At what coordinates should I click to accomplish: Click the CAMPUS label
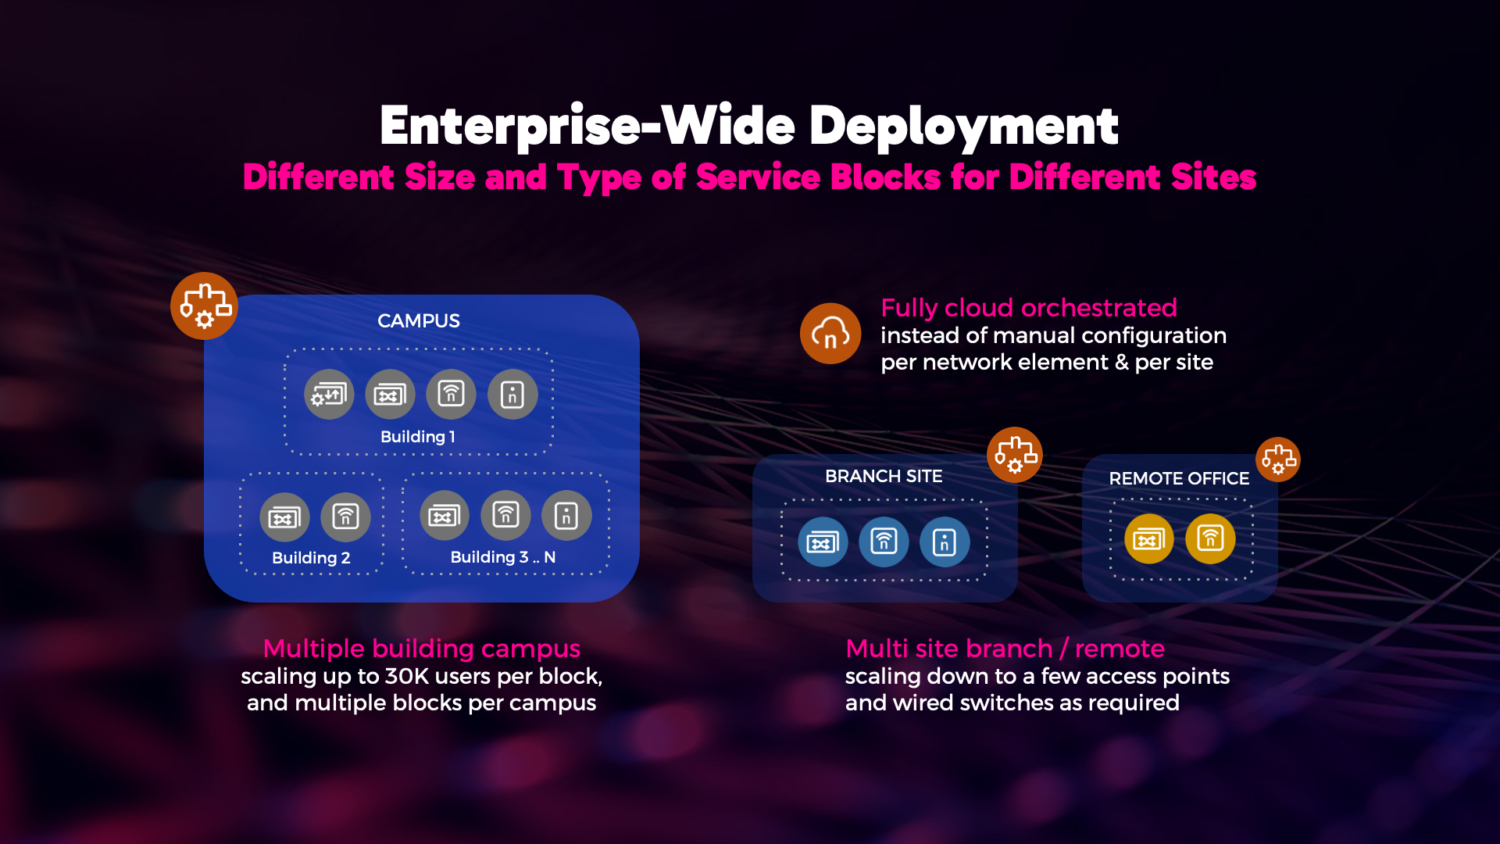[x=419, y=320]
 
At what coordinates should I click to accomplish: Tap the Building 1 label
[x=417, y=437]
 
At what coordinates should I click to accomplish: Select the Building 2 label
[x=311, y=558]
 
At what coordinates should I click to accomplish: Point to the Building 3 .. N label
[x=503, y=557]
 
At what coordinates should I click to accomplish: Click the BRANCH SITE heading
[x=884, y=476]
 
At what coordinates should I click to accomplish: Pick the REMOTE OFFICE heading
[x=1179, y=478]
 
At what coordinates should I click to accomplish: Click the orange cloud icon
[x=830, y=334]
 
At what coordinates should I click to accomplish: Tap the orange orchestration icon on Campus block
[x=205, y=306]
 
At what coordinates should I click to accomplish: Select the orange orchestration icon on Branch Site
[x=1015, y=455]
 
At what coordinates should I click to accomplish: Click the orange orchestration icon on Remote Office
[x=1278, y=460]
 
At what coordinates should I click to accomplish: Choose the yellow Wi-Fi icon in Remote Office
[x=1210, y=538]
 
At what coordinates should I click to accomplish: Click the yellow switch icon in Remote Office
[x=1149, y=538]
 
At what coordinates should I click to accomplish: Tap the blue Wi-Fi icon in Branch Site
[x=884, y=542]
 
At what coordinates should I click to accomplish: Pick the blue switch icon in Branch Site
[x=823, y=542]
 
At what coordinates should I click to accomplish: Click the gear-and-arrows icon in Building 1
[x=329, y=394]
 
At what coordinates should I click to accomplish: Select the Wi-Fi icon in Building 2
[x=345, y=517]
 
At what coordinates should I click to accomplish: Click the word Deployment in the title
[x=964, y=127]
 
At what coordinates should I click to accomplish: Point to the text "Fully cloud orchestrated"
[x=1028, y=308]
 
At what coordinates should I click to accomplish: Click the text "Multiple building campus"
[x=422, y=649]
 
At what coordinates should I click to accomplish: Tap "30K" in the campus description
[x=404, y=676]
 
